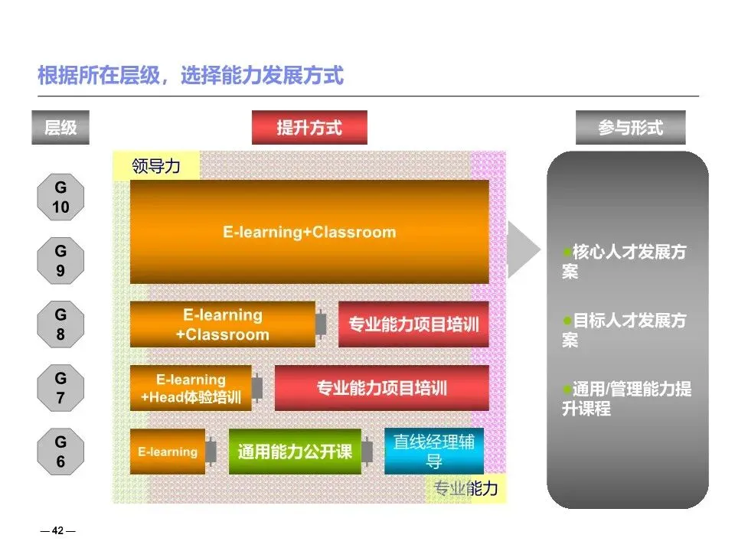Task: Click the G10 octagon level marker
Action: [60, 197]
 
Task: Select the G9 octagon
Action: [60, 261]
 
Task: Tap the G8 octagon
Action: [60, 324]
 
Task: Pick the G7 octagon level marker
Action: [60, 388]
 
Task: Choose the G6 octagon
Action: [60, 452]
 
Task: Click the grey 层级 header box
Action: [60, 128]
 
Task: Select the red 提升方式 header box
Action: [309, 128]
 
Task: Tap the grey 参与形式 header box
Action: [630, 128]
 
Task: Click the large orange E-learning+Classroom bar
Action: [309, 232]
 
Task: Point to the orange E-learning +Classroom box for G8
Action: [223, 324]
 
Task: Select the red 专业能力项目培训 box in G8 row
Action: [413, 324]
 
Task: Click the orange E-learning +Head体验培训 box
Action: [191, 388]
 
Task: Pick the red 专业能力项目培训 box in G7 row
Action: [381, 388]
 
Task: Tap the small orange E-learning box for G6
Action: [168, 452]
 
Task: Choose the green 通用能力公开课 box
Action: [295, 452]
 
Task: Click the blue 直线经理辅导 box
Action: [433, 452]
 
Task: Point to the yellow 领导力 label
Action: [155, 166]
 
